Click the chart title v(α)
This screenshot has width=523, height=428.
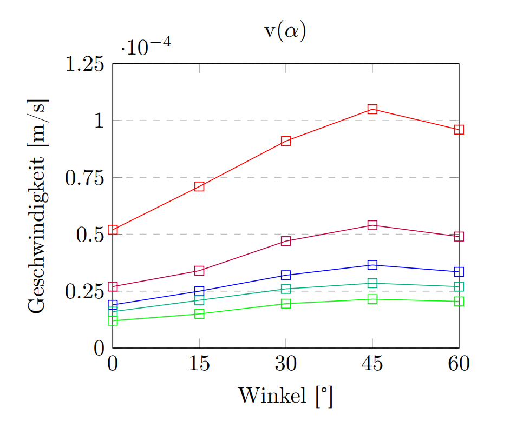pos(285,31)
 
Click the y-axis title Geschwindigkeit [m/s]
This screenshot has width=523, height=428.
pos(38,206)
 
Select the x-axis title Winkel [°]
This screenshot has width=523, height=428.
pos(285,396)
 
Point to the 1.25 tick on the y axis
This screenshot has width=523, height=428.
pos(84,64)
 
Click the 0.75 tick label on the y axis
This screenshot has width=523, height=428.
pos(84,178)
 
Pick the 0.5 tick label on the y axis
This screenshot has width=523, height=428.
pos(89,235)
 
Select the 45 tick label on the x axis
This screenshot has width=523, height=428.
pos(372,364)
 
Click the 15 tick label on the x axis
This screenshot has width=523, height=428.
pos(199,364)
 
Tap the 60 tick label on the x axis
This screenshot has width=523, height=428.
pos(459,364)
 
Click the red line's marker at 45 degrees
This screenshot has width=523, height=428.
pos(372,109)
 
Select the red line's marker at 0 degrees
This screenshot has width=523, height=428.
pos(113,230)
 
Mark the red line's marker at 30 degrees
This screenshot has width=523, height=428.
pos(286,141)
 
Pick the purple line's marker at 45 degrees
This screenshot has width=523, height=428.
pos(372,225)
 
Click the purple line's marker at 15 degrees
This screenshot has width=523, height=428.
pos(199,270)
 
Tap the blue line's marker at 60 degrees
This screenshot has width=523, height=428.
pos(459,272)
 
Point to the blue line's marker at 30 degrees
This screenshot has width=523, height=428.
pos(286,275)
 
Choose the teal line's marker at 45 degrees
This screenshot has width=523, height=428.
pos(372,283)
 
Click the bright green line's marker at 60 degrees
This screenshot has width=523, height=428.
pos(459,302)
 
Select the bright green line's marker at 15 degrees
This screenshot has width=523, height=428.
pos(199,314)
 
